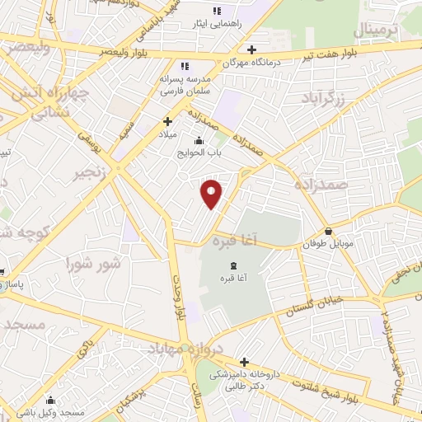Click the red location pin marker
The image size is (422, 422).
coord(212,193)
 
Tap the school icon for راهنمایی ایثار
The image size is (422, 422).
coord(217,11)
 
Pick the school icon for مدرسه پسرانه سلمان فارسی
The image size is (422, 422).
coord(185,66)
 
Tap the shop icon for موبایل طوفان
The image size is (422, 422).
coord(330,232)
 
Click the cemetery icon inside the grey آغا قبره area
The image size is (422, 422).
coord(233,265)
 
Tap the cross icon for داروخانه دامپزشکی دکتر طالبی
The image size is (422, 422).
coord(244,361)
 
